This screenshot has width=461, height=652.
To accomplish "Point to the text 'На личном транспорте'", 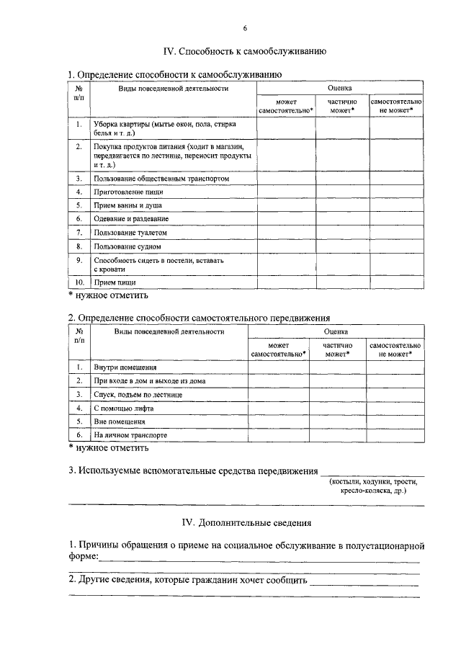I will (130, 435).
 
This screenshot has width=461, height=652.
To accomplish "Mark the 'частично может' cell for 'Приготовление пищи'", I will (341, 192).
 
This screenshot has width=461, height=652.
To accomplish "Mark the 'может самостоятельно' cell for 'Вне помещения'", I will (278, 421).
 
